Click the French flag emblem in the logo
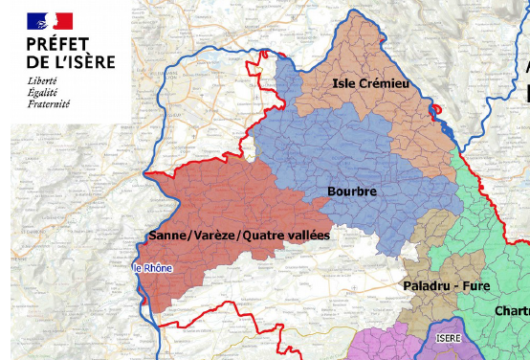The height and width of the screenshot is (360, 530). [x=50, y=19]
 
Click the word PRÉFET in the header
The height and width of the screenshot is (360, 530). [x=58, y=44]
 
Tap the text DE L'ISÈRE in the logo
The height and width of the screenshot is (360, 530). [x=71, y=62]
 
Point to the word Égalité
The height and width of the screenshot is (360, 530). [x=43, y=92]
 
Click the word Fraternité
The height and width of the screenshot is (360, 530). [x=49, y=103]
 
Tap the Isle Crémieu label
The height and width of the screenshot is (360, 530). [x=370, y=85]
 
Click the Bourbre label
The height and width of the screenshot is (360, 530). [x=352, y=191]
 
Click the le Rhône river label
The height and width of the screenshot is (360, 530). [x=153, y=268]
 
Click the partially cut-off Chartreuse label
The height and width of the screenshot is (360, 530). [x=512, y=311]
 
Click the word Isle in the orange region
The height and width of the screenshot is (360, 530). [x=343, y=85]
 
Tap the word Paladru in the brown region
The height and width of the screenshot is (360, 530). [x=420, y=285]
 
